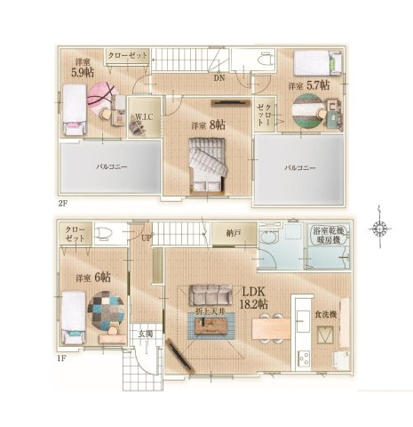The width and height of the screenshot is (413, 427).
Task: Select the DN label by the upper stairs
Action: click(x=219, y=77)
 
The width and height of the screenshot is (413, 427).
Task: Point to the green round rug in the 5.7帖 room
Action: click(x=307, y=108)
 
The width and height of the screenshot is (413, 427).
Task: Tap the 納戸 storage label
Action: click(x=234, y=234)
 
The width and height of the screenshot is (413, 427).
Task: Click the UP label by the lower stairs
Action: click(x=145, y=238)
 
